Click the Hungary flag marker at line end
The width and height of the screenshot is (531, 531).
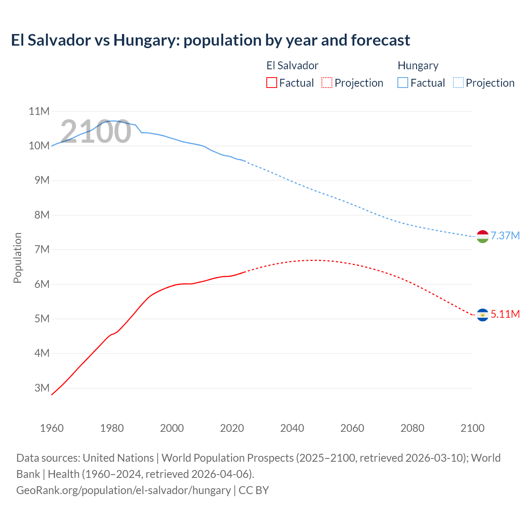click(482, 236)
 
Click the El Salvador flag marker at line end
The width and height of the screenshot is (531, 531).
click(482, 315)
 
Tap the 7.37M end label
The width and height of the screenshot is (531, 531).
click(505, 236)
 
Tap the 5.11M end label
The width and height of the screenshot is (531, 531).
click(505, 314)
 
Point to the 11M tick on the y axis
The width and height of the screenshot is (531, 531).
click(39, 111)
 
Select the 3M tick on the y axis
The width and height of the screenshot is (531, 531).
click(42, 388)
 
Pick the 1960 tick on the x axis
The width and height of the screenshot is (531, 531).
click(52, 428)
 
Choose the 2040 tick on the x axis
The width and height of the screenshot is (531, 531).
click(292, 428)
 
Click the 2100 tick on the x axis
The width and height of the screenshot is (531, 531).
click(473, 428)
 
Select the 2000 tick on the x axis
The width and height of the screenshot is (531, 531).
click(172, 428)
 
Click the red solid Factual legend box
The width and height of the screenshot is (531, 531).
click(272, 83)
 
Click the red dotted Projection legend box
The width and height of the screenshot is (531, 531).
click(327, 83)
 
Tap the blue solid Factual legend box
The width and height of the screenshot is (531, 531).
click(403, 83)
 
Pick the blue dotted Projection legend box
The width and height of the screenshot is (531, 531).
click(458, 83)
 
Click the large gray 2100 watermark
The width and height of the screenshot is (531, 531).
click(96, 132)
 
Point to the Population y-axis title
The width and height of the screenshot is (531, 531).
click(17, 258)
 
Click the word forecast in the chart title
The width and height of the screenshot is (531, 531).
click(380, 40)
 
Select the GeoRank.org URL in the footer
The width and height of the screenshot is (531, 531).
click(124, 490)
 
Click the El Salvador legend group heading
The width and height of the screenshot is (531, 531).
click(292, 66)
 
